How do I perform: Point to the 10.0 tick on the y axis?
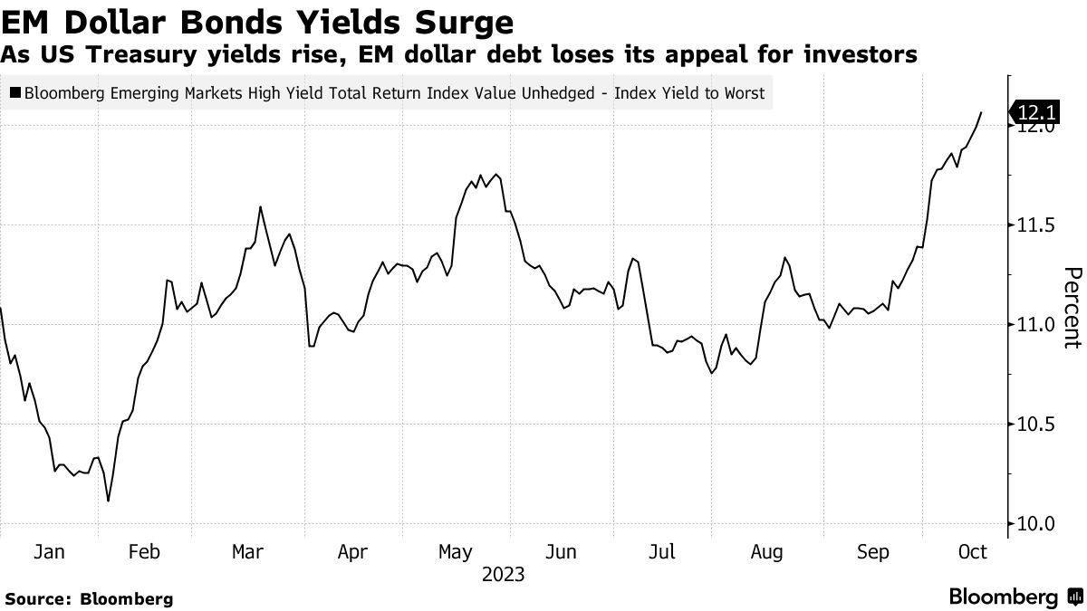[1034, 524]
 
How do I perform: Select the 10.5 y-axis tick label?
[1034, 425]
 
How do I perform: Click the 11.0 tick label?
[1034, 324]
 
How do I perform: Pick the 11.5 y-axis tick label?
[1034, 224]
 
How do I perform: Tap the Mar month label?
[247, 551]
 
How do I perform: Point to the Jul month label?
[664, 551]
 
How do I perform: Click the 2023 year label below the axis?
[503, 575]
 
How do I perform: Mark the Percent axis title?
[1073, 308]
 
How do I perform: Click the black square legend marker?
[15, 92]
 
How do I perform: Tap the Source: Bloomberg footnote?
[88, 598]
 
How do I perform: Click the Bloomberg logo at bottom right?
[1012, 597]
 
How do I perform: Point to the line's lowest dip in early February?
[109, 501]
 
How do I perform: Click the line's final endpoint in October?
[982, 112]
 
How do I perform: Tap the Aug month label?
[767, 551]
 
